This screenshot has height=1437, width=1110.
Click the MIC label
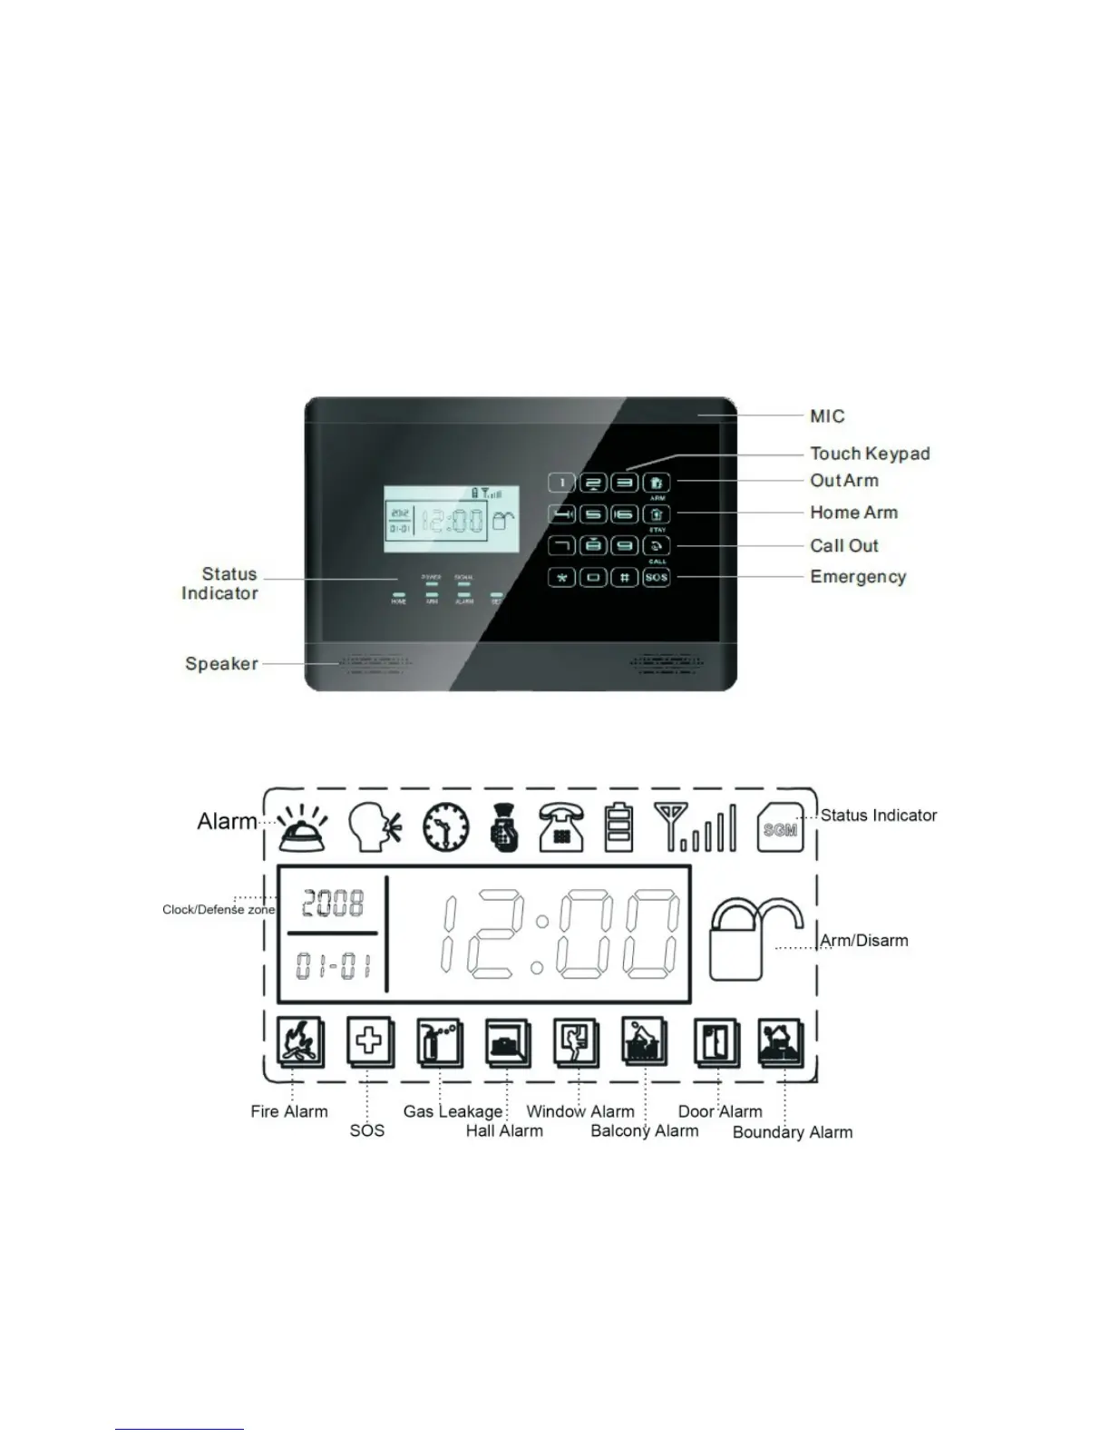click(827, 416)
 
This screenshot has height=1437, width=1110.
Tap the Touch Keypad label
click(870, 454)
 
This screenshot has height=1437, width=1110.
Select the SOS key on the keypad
click(657, 577)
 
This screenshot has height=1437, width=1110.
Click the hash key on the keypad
click(625, 577)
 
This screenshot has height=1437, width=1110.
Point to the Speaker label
click(221, 663)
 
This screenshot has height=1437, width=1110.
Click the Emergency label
click(858, 577)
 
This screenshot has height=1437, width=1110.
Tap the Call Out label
click(844, 545)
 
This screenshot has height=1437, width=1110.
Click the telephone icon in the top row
click(561, 826)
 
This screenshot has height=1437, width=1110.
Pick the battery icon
click(618, 826)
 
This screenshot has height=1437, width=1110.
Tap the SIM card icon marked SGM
click(780, 827)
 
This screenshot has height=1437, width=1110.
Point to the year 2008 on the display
click(333, 903)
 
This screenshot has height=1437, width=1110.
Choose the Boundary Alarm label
click(793, 1132)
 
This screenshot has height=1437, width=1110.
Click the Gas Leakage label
click(453, 1111)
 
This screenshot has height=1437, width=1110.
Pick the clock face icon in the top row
click(446, 827)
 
